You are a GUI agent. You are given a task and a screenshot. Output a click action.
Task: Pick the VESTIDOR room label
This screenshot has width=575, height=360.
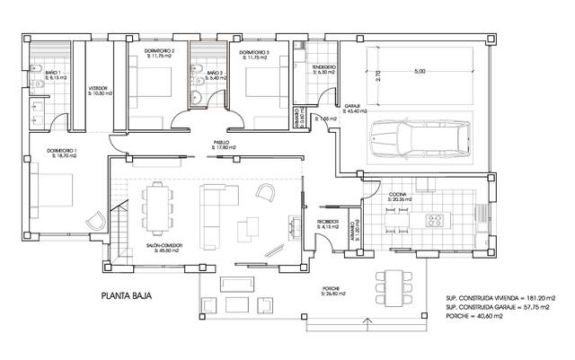(98, 88)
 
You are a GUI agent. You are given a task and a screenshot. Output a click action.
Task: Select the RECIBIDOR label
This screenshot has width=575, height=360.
(326, 220)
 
